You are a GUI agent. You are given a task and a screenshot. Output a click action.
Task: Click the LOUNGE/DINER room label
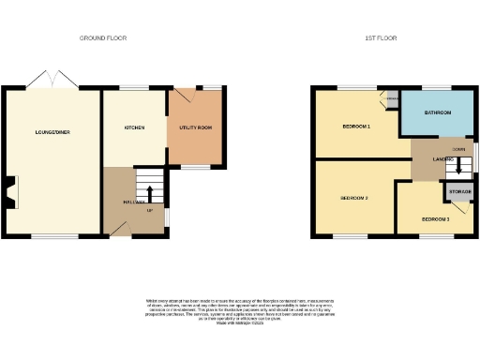(x=52, y=132)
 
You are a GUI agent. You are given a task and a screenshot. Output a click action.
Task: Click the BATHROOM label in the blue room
(x=438, y=112)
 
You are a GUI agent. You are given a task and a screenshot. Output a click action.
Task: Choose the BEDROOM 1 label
(x=356, y=126)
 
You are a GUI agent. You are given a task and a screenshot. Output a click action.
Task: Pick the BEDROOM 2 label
(x=353, y=198)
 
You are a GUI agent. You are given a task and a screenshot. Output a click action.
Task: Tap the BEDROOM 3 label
(x=435, y=218)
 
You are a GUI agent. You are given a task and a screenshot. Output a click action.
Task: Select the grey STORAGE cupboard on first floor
(x=458, y=192)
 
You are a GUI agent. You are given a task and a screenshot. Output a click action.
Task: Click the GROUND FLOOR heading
(x=103, y=38)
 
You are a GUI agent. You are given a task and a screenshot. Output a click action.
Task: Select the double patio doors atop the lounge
(x=52, y=79)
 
